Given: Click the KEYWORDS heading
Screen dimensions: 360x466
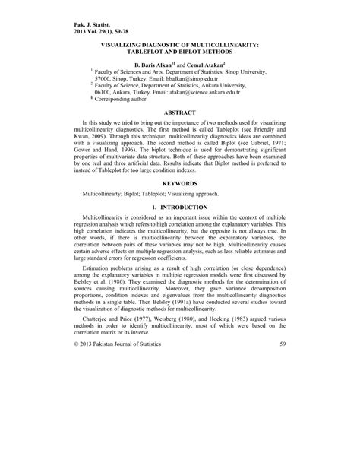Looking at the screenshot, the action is click(179, 183).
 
